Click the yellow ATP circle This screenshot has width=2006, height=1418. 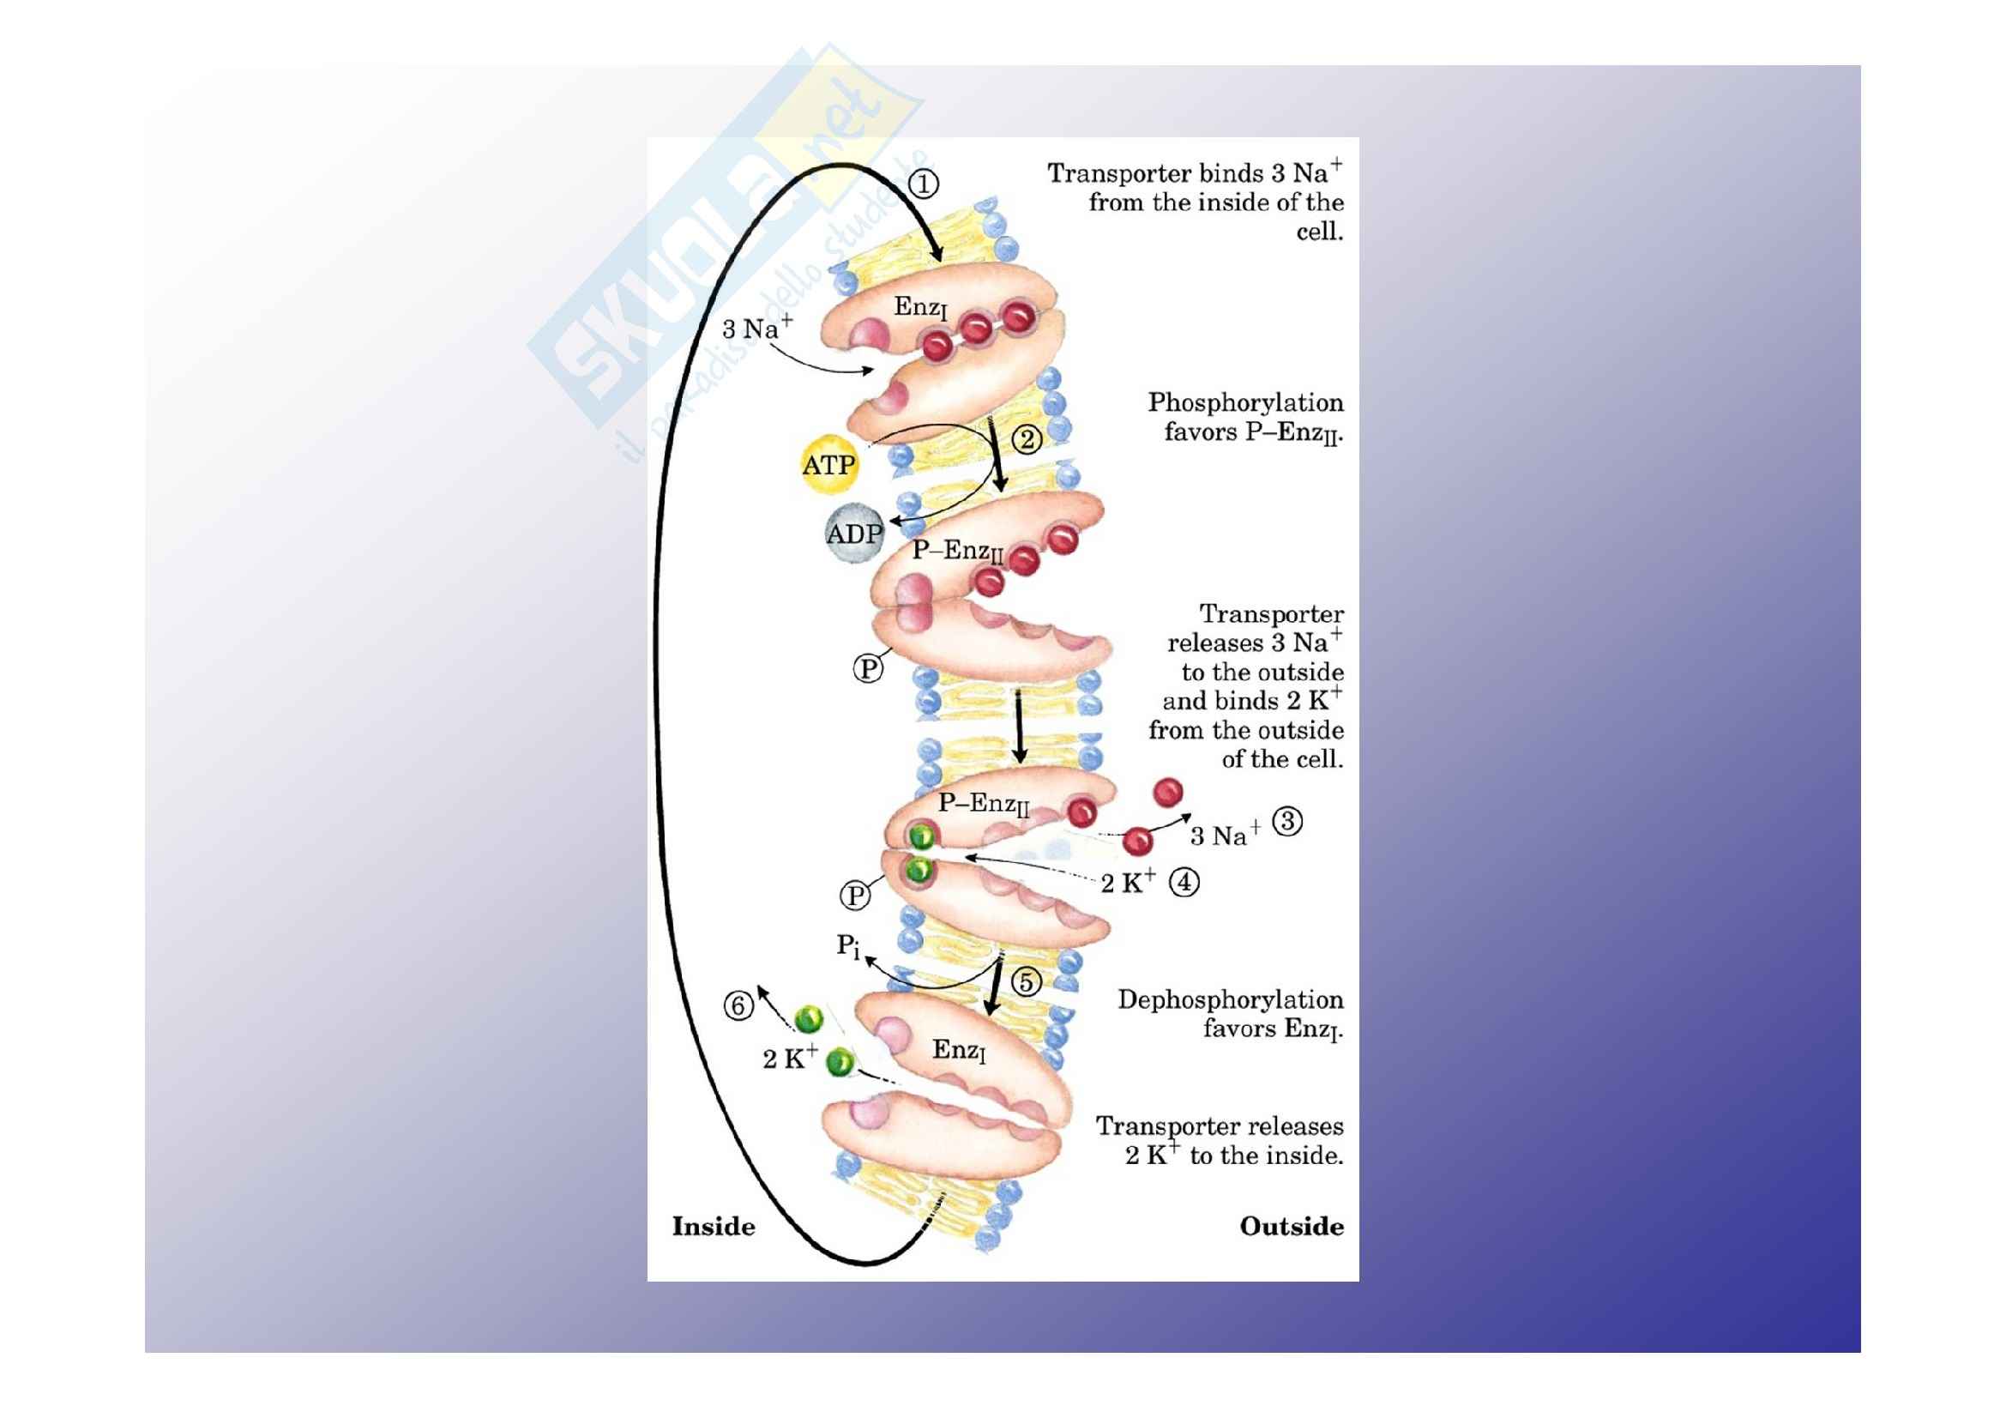pyautogui.click(x=829, y=465)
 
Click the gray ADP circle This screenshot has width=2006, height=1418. pyautogui.click(x=853, y=533)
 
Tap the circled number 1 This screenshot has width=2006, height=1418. pyautogui.click(x=924, y=184)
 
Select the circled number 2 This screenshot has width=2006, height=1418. pyautogui.click(x=1027, y=438)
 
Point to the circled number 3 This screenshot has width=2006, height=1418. pyautogui.click(x=1287, y=821)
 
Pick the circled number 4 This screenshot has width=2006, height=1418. pyautogui.click(x=1184, y=883)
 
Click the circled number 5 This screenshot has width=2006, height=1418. pyautogui.click(x=1027, y=981)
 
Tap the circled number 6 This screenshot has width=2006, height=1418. pyautogui.click(x=738, y=1005)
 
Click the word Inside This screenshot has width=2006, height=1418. pyautogui.click(x=713, y=1227)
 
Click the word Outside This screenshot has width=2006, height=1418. pyautogui.click(x=1292, y=1227)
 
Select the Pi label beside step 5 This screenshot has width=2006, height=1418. pyautogui.click(x=847, y=945)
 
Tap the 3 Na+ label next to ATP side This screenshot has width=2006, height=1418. pyautogui.click(x=756, y=328)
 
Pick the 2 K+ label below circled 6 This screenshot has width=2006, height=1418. pyautogui.click(x=790, y=1057)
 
